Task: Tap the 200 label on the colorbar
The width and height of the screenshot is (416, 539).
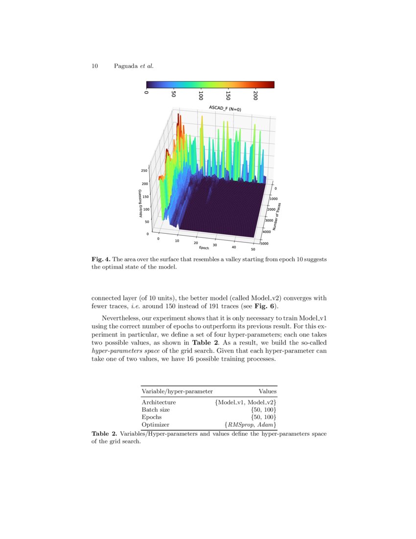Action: [x=255, y=95]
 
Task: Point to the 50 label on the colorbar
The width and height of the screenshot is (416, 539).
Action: [x=173, y=94]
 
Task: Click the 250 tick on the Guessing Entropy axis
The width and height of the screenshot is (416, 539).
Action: [x=144, y=171]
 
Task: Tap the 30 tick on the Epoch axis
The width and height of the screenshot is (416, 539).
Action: [x=214, y=245]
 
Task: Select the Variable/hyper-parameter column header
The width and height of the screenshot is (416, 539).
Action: [x=177, y=392]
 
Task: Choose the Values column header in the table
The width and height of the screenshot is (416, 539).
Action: [x=268, y=392]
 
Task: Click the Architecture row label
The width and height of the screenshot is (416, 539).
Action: [x=159, y=402]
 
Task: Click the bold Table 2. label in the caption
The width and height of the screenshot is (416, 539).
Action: [x=104, y=434]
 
